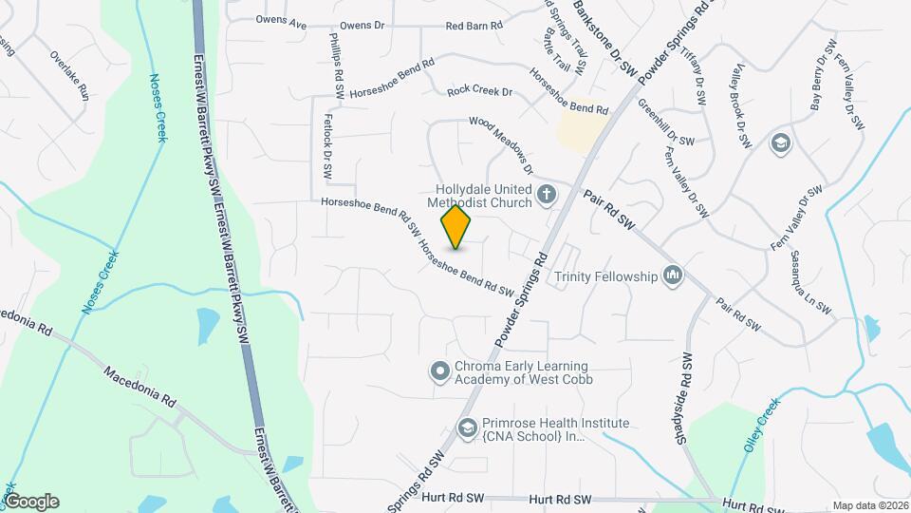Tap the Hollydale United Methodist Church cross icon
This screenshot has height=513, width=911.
[x=547, y=195]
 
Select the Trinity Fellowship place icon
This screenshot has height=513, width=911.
[x=674, y=275]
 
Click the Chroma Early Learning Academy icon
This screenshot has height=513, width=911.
[x=439, y=370]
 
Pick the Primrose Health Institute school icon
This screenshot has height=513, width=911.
[x=467, y=428]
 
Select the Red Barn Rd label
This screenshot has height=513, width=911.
[x=473, y=26]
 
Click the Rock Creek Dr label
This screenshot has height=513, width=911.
[x=479, y=91]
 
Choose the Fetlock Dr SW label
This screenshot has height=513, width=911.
[x=327, y=148]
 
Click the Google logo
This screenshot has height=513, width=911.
[x=30, y=502]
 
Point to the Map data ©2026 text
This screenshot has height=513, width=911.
[x=869, y=505]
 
